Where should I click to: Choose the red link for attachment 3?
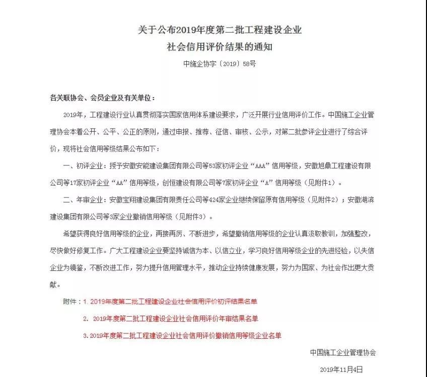tap(182, 335)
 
